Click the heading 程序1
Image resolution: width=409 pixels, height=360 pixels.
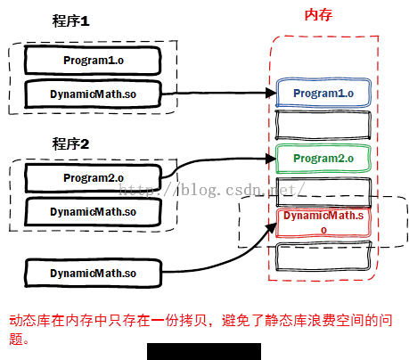coord(70,21)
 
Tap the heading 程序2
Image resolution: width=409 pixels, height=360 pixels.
coord(70,143)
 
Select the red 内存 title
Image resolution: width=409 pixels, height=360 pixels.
coord(318,15)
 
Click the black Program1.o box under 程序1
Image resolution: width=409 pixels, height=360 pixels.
coord(93,61)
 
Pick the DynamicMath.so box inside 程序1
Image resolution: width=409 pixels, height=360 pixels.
coord(93,94)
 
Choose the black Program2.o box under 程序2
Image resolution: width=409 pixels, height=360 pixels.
coord(94,178)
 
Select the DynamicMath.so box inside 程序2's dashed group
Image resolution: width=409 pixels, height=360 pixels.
coord(94,212)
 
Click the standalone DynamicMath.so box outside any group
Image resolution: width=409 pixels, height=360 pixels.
coord(94,273)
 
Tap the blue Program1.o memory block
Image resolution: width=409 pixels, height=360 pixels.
coord(323,93)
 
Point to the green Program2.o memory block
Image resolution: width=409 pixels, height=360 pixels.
coord(323,159)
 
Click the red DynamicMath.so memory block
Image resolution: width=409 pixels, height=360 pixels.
coord(323,223)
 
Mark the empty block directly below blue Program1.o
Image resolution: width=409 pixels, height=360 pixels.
coord(323,125)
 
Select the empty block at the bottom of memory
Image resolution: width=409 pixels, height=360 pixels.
coord(323,256)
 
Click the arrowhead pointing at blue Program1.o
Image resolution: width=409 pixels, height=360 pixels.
coord(271,93)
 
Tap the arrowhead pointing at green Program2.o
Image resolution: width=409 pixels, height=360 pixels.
coord(271,159)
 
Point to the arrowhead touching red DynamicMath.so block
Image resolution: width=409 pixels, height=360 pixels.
coord(271,228)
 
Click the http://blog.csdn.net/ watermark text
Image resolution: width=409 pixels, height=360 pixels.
coord(212,190)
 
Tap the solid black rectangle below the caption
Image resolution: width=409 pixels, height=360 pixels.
coord(204,352)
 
